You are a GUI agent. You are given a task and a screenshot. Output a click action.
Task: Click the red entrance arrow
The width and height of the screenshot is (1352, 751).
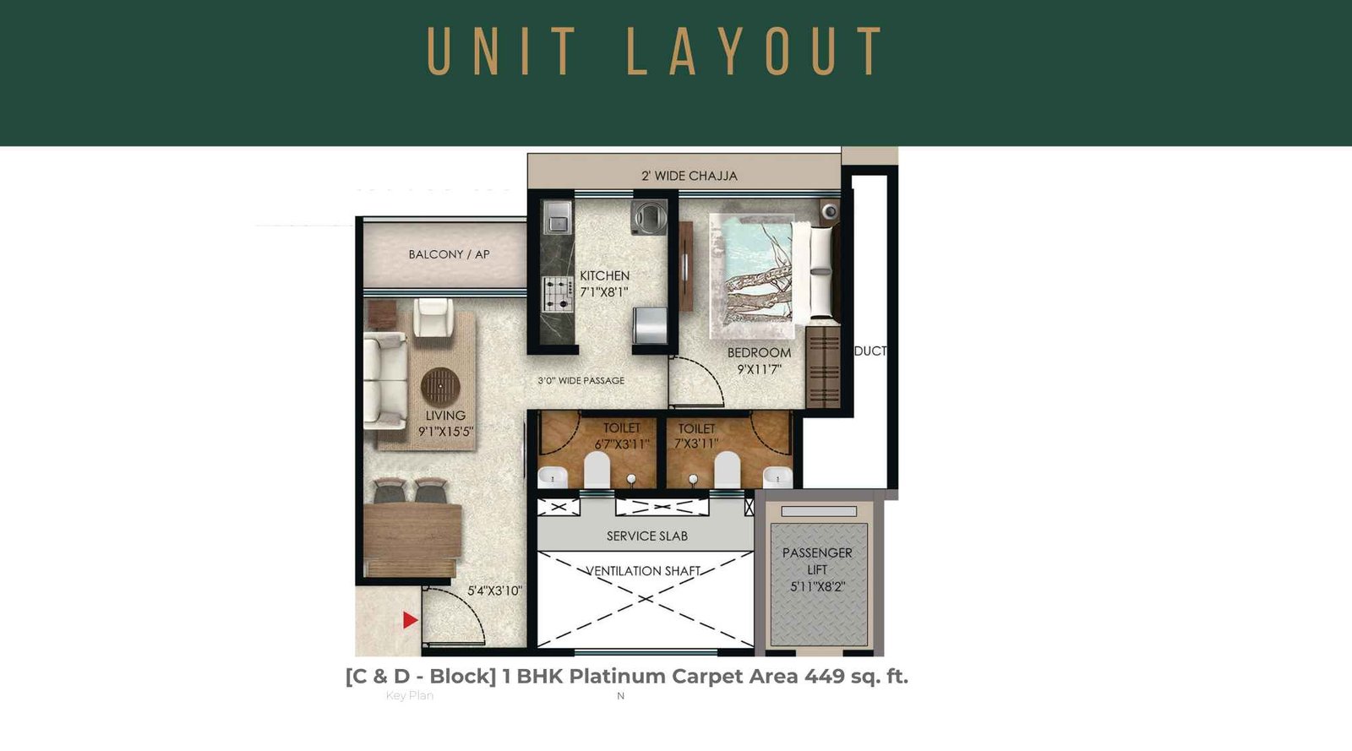point(410,620)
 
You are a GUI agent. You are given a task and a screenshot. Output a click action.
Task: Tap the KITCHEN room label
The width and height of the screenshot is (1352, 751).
point(604,275)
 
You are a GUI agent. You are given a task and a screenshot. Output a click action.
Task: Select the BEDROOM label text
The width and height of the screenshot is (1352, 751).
point(759,352)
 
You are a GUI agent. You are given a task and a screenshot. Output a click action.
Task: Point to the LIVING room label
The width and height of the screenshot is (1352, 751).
point(445,416)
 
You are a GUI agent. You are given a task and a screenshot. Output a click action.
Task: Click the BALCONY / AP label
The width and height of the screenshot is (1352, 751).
point(449,254)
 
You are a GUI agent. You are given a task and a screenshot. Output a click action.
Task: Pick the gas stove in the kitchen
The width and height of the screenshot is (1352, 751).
point(557,294)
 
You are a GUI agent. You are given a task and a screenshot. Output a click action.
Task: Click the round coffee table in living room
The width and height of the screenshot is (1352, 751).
point(440,387)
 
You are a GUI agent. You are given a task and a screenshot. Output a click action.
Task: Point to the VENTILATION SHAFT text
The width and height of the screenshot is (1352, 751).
point(644,571)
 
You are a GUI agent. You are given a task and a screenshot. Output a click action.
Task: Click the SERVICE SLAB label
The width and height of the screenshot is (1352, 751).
point(646,536)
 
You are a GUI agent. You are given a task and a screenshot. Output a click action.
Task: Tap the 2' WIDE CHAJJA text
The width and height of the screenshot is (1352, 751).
point(689,176)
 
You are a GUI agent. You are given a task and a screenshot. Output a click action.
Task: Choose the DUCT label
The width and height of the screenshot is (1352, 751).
point(870,351)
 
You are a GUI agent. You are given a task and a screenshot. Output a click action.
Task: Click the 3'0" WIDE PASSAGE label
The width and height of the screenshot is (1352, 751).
point(581,381)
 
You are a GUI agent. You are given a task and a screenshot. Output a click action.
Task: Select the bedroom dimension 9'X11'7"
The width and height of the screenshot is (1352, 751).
point(759,369)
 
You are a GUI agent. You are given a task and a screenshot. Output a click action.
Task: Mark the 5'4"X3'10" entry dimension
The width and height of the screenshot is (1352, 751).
point(494,590)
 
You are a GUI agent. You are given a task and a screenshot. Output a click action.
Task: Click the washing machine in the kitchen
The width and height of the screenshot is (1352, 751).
point(649,217)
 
